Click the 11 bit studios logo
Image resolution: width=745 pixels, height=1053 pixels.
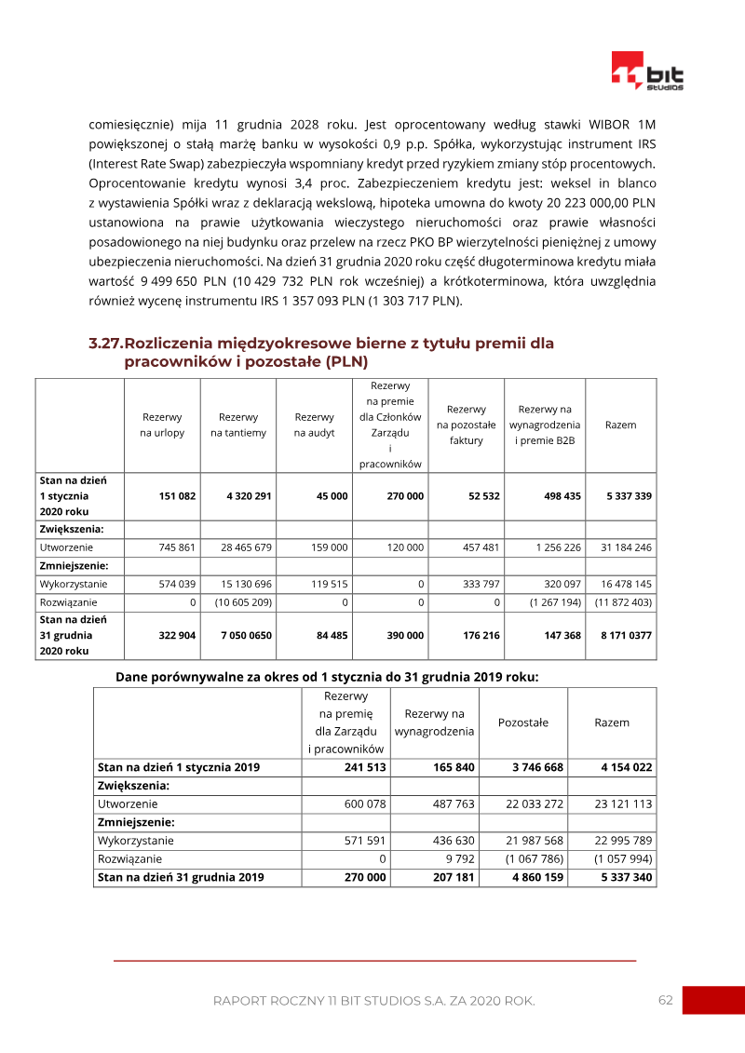pyautogui.click(x=646, y=71)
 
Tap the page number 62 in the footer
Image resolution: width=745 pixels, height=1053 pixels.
pyautogui.click(x=665, y=1000)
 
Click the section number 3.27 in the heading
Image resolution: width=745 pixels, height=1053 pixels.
pyautogui.click(x=105, y=344)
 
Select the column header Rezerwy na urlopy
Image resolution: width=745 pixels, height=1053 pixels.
pyautogui.click(x=162, y=425)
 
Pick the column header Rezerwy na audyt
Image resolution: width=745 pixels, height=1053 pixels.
pyautogui.click(x=314, y=425)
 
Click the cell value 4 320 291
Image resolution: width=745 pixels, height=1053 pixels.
pyautogui.click(x=249, y=496)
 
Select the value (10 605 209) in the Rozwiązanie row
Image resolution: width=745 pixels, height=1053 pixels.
pyautogui.click(x=241, y=602)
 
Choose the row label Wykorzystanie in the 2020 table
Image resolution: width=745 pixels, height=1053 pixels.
pyautogui.click(x=74, y=585)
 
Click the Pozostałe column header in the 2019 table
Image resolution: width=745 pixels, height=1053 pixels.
pyautogui.click(x=523, y=722)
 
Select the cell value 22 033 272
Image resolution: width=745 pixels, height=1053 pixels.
pyautogui.click(x=529, y=803)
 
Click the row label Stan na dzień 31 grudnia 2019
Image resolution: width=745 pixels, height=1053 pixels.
pyautogui.click(x=181, y=877)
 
